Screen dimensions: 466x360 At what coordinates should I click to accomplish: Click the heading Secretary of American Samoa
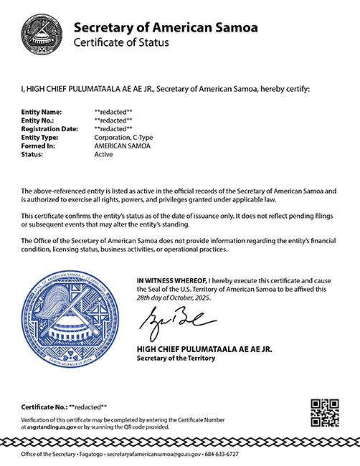click(x=166, y=28)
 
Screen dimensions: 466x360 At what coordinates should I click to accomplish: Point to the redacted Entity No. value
click(x=114, y=120)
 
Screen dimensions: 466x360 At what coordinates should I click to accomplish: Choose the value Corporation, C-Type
click(x=123, y=136)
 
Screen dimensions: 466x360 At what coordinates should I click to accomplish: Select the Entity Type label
click(x=42, y=136)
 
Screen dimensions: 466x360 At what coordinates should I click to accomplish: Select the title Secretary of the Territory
click(x=175, y=358)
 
